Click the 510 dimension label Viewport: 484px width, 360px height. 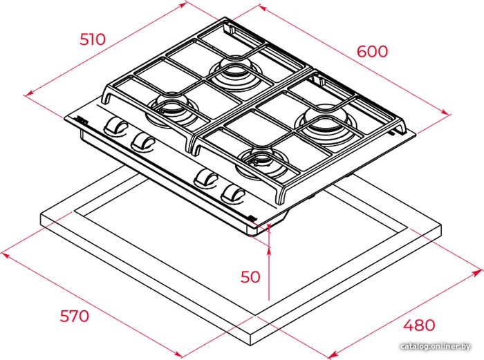coord(93,39)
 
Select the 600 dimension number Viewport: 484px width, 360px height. coord(372,51)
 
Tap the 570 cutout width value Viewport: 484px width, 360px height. coord(75,316)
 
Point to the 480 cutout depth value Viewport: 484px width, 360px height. coord(419,325)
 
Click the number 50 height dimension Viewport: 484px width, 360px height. coord(250,276)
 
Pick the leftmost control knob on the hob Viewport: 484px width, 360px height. coord(115,126)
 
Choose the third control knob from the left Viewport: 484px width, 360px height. coord(206,178)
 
